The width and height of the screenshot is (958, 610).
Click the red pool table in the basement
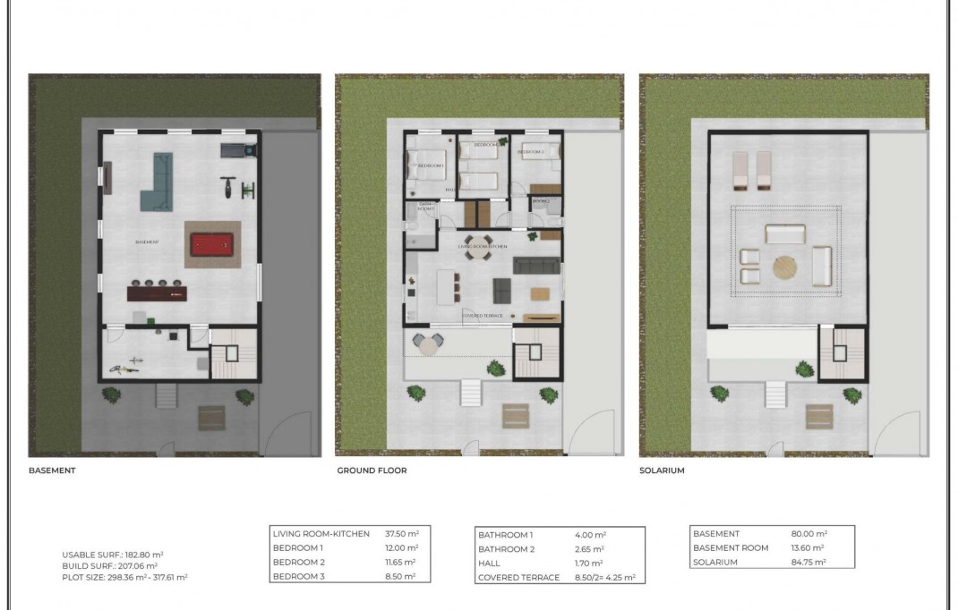[213, 243]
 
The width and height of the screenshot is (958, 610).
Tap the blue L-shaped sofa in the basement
[158, 182]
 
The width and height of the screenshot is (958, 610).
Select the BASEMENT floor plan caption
[52, 470]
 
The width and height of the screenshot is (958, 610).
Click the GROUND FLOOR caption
[372, 470]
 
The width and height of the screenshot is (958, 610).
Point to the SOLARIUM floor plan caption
[662, 470]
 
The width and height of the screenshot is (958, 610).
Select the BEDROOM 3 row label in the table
[298, 577]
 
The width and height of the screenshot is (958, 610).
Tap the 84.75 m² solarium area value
[808, 563]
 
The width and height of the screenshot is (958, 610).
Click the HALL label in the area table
[489, 563]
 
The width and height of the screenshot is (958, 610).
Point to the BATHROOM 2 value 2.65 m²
[589, 549]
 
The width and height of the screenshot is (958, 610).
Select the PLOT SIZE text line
[124, 578]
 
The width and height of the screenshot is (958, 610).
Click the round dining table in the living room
[477, 255]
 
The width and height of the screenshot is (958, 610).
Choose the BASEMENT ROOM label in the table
[731, 548]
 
